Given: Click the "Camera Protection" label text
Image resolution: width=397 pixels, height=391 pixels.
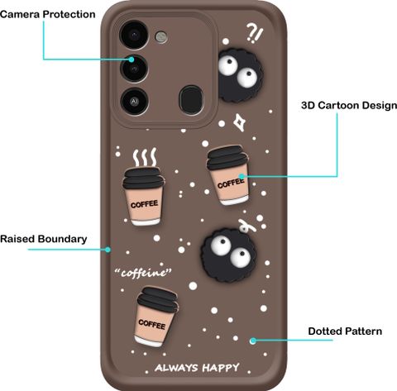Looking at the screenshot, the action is click(x=48, y=14).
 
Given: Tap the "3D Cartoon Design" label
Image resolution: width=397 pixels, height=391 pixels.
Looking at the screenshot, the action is click(x=349, y=105).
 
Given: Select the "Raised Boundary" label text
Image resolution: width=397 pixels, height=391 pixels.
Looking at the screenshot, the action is click(x=44, y=239).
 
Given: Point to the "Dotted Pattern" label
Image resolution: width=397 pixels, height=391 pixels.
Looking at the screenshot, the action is click(x=345, y=331).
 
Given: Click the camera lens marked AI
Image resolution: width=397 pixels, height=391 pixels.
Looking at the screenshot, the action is click(x=134, y=102).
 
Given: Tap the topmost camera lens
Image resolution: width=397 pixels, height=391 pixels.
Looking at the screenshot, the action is click(x=134, y=35).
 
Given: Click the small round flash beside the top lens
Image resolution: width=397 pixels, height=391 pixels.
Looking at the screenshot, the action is click(x=161, y=36).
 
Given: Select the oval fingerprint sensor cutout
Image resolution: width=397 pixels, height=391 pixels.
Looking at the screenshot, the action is click(x=191, y=100).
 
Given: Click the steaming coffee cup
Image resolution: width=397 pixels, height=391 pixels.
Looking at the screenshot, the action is click(x=143, y=196).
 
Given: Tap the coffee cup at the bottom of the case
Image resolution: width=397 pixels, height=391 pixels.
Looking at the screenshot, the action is click(x=155, y=317).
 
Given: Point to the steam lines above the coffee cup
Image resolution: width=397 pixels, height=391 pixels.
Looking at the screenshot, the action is click(x=145, y=157).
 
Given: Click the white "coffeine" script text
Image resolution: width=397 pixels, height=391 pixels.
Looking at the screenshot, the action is click(x=143, y=273).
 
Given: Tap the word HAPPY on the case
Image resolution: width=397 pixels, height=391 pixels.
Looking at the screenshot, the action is click(x=221, y=368).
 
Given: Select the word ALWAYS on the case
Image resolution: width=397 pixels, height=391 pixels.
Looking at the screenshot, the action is click(x=176, y=368).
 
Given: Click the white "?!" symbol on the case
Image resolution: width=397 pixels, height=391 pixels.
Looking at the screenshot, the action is click(x=255, y=32).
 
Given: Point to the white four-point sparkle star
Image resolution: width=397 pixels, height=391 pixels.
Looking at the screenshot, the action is click(x=240, y=122).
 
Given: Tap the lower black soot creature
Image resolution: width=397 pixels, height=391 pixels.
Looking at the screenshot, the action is click(x=229, y=255).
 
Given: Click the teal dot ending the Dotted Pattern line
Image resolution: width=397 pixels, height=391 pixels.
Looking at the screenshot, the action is click(x=253, y=341).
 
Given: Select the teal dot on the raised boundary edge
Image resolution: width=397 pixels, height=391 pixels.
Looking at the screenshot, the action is click(x=108, y=250).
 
